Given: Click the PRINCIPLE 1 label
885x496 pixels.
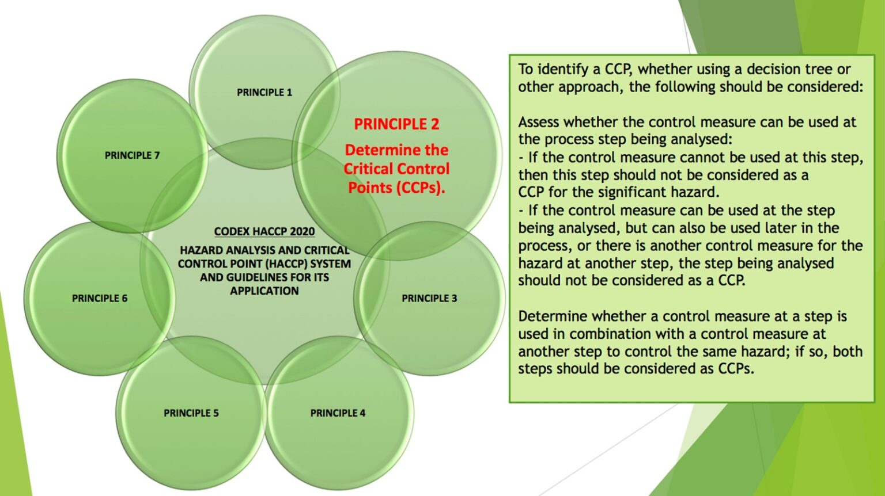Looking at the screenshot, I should pos(264,92).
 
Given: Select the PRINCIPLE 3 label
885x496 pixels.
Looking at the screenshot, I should pos(429,298).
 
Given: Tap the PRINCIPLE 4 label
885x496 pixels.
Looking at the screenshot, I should pos(338,413).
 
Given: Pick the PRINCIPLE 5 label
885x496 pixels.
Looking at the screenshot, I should pos(191,413).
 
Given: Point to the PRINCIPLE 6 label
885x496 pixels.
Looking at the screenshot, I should pos(100,298).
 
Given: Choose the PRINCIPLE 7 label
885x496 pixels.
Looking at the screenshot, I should pos(132,155).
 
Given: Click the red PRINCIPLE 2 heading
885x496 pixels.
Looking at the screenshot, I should pos(396,124).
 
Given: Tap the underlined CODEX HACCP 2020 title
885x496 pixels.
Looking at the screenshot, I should pos(264,231).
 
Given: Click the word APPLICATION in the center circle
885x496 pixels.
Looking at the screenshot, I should pos(264,291).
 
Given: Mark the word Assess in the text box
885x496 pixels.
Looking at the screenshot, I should pos(539,122).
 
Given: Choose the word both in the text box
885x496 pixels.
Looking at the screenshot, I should pos(848,352).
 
